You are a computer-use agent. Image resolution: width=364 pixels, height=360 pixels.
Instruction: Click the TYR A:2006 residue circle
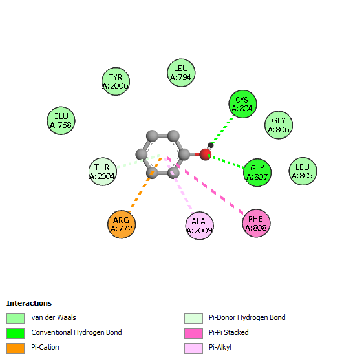[x=116, y=81]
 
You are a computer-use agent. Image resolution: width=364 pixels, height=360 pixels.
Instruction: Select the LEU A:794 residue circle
[x=181, y=73]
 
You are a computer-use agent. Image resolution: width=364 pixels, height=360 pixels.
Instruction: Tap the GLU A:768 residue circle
[x=61, y=121]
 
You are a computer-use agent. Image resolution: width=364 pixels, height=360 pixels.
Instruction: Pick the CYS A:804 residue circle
[x=242, y=104]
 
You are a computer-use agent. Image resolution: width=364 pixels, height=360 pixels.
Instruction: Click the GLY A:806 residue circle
[x=279, y=125]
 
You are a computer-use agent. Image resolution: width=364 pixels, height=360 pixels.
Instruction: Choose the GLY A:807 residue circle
[x=257, y=173]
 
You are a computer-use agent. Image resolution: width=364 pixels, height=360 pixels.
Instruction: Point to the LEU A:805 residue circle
[x=303, y=171]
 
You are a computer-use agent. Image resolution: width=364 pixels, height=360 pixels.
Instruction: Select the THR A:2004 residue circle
[x=103, y=171]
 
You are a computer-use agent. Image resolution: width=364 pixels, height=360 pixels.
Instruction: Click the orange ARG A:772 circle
[x=122, y=224]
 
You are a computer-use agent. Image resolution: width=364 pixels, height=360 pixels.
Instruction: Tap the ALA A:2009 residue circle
[x=199, y=226]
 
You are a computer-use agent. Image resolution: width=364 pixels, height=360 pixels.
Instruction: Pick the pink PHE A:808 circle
[x=256, y=223]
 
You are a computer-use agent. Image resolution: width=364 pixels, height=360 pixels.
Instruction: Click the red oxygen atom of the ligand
[x=206, y=154]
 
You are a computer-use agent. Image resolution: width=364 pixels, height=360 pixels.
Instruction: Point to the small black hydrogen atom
[x=211, y=145]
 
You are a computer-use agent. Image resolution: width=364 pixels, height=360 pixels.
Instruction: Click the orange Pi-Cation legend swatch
[x=16, y=348]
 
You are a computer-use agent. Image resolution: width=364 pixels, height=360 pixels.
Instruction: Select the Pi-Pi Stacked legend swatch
[x=193, y=334]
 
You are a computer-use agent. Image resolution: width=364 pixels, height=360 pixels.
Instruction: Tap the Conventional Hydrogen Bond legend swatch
[x=16, y=334]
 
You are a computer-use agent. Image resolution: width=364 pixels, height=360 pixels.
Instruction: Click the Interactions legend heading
[x=29, y=303]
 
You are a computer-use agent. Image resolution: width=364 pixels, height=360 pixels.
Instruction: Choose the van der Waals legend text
[x=54, y=317]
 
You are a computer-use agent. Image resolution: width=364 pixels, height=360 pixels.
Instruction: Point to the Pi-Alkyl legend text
[x=220, y=347]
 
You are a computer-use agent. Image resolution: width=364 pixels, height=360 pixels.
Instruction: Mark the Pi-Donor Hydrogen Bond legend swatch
[x=193, y=319]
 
